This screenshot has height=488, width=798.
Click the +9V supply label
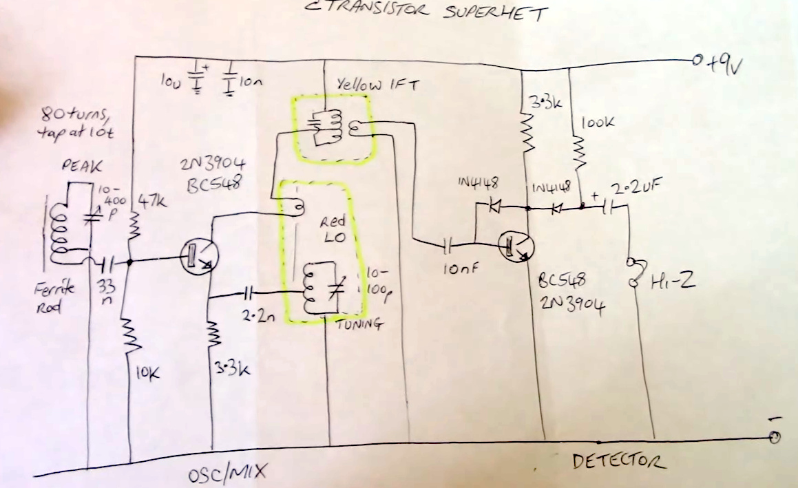(724, 63)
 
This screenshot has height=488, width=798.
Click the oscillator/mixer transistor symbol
(198, 257)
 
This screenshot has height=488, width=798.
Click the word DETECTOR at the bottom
(618, 461)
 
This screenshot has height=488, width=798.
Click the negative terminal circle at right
(775, 436)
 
